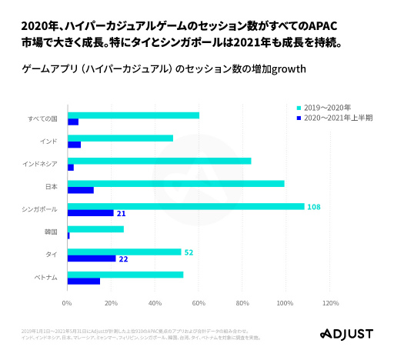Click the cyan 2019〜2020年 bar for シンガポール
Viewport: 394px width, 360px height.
coord(185,206)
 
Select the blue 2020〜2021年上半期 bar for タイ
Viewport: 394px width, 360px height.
coord(92,258)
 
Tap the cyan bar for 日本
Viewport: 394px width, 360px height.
coord(175,183)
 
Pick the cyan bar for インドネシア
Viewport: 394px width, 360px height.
coord(159,161)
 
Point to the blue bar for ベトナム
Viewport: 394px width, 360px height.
coord(83,281)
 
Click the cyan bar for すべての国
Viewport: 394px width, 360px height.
coord(133,115)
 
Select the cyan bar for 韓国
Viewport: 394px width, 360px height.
coord(95,228)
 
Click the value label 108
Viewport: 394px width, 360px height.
coord(313,207)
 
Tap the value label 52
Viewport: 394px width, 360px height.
coord(189,252)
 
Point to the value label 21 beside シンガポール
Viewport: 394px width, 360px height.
coord(121,213)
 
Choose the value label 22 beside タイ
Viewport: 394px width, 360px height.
coord(123,259)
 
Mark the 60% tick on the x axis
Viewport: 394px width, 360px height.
coord(199,302)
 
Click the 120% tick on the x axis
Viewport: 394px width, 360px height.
coord(330,302)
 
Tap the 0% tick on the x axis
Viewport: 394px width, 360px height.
coord(67,302)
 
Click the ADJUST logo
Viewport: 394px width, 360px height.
coord(346,334)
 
